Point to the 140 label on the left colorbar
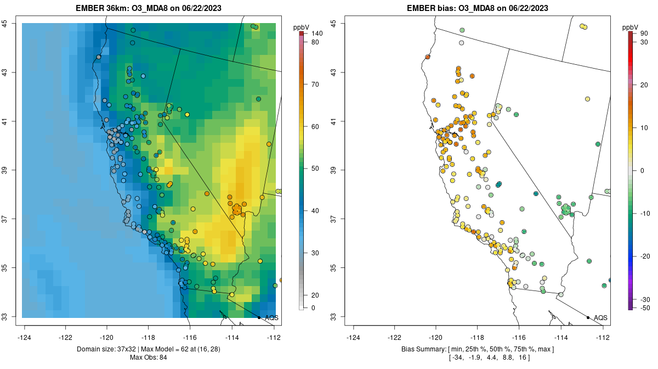click(x=317, y=34)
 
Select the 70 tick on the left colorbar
click(x=315, y=85)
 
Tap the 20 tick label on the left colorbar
click(x=315, y=295)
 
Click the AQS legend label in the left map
click(x=271, y=317)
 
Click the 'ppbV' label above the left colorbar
click(x=301, y=27)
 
